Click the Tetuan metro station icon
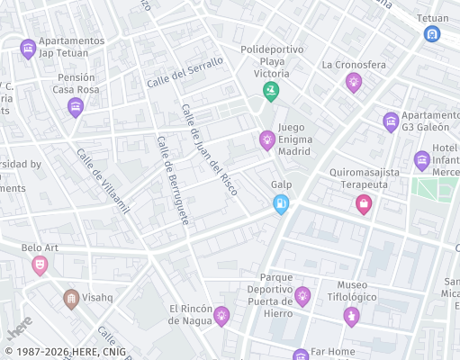tap(433, 34)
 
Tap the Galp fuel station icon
tap(282, 204)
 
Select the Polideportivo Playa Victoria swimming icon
tap(270, 91)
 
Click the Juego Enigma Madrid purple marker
tap(266, 139)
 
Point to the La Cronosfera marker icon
tap(354, 82)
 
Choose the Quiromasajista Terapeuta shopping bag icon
tap(364, 204)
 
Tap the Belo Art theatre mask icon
tap(40, 265)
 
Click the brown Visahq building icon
tap(71, 298)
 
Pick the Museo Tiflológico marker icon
tap(351, 315)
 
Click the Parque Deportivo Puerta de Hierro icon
tap(302, 294)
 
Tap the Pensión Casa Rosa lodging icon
tap(76, 108)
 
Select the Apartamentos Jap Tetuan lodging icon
tap(28, 49)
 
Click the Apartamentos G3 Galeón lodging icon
tap(391, 121)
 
